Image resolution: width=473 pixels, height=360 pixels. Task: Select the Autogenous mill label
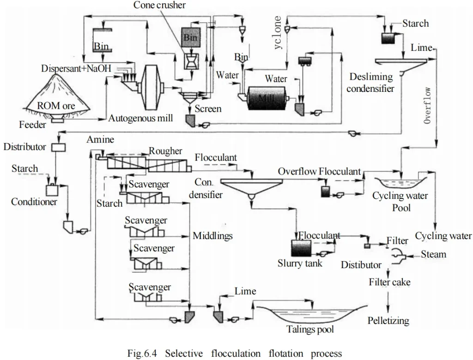[x=140, y=118]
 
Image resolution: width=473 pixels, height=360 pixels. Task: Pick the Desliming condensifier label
[x=371, y=82]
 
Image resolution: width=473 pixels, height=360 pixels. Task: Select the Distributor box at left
[x=59, y=147]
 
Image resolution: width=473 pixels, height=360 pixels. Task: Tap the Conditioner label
[x=34, y=202]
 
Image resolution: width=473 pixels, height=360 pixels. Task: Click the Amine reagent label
[x=100, y=139]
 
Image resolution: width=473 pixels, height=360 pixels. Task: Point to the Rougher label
[x=165, y=151]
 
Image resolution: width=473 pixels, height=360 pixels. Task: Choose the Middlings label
[x=212, y=236]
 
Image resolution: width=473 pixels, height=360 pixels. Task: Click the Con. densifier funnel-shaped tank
[x=251, y=186]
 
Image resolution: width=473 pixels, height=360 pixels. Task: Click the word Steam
[x=433, y=254]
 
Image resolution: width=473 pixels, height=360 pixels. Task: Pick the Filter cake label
[x=389, y=282]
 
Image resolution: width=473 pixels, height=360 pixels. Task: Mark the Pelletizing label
[x=388, y=320]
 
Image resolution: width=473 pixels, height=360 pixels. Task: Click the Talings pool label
[x=310, y=329]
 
